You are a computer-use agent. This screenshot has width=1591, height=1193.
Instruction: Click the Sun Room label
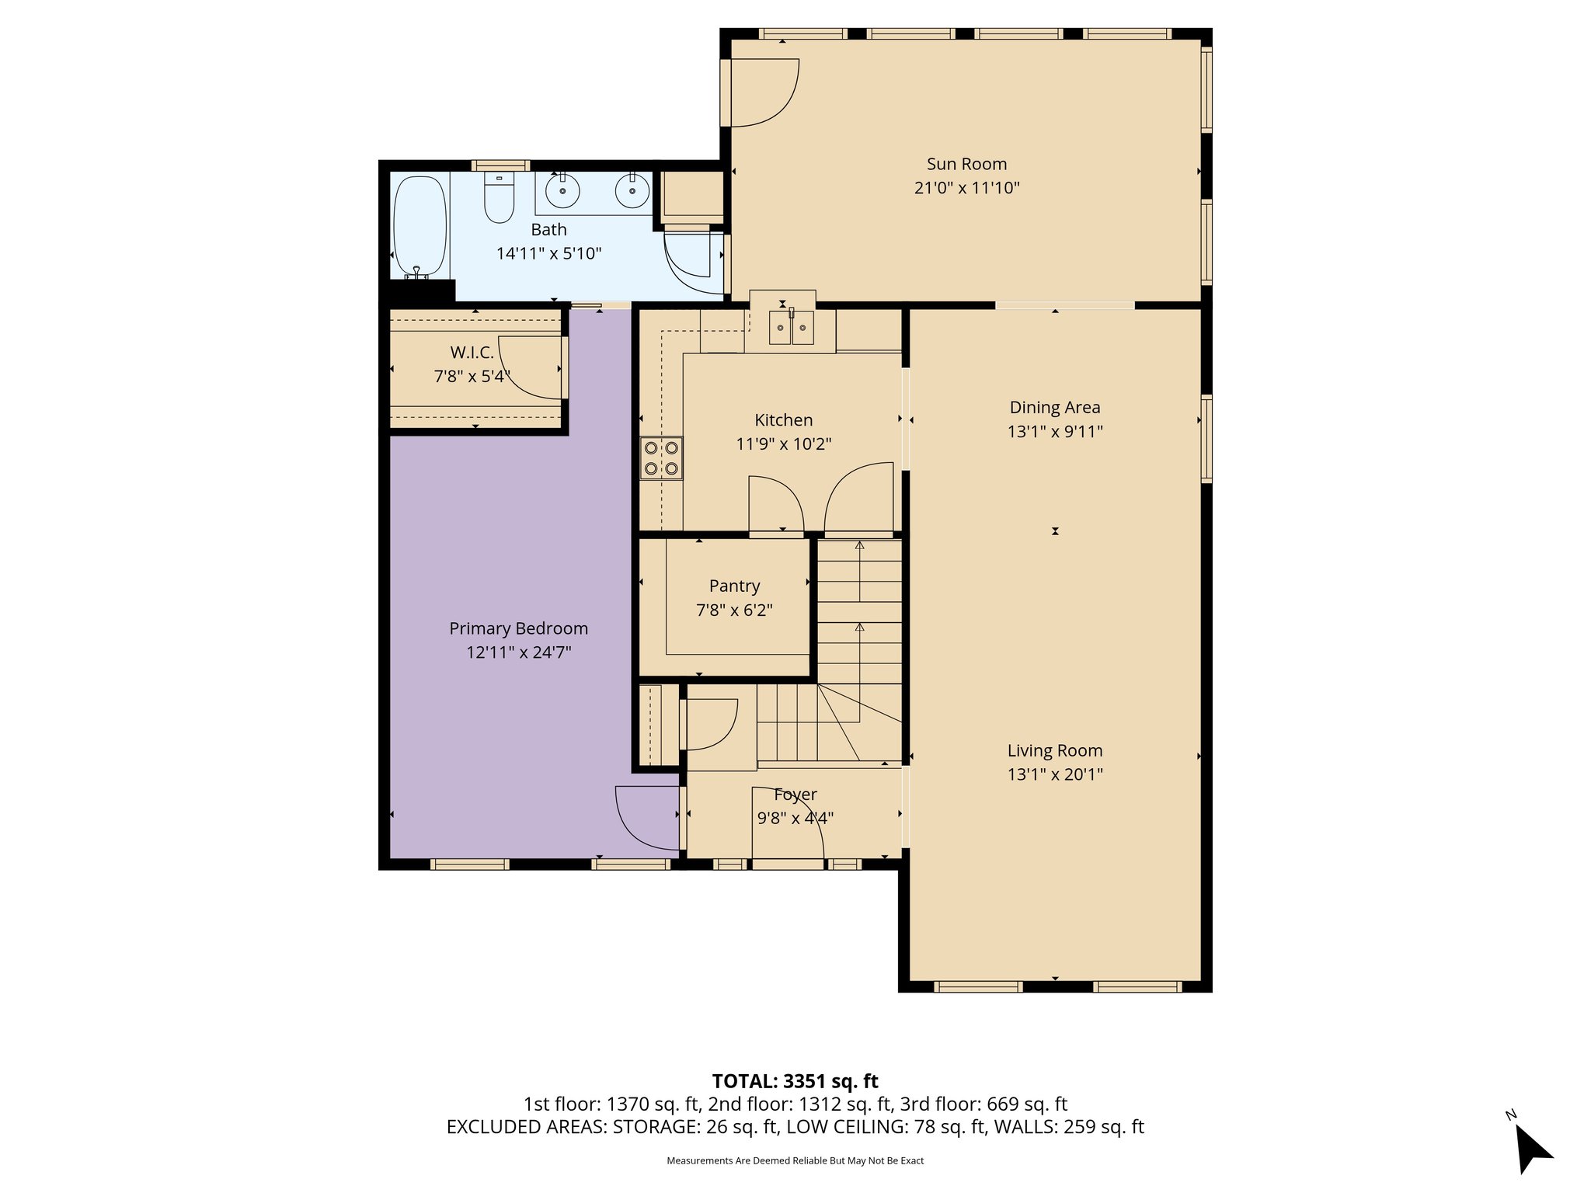point(966,164)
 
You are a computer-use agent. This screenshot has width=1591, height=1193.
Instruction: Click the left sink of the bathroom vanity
point(562,190)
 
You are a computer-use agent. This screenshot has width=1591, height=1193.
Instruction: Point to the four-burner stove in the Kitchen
point(661,458)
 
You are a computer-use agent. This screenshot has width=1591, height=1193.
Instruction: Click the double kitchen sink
point(792,327)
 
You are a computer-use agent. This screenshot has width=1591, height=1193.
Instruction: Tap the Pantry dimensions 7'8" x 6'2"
point(734,610)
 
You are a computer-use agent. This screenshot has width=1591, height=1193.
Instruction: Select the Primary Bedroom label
point(518,628)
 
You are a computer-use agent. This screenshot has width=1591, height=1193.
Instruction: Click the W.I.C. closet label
point(472,353)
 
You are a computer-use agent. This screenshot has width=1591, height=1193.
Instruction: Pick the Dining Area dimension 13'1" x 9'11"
point(1055,432)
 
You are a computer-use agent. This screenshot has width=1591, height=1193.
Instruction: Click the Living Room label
point(1054,750)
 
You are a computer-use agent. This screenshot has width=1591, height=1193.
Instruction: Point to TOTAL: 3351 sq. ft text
point(795,1081)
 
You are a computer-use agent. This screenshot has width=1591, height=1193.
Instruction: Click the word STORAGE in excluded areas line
point(654,1127)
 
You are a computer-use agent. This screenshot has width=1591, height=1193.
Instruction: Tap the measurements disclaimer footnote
point(795,1161)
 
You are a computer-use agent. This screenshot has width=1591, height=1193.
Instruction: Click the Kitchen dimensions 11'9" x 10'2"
point(783,444)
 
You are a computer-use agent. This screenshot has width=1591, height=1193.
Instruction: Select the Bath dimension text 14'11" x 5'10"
point(548,253)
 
